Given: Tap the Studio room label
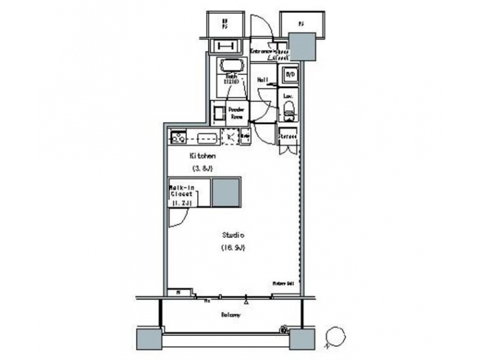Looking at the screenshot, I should pyautogui.click(x=233, y=235).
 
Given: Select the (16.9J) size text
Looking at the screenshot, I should pyautogui.click(x=233, y=248).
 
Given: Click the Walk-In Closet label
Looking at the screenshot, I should pyautogui.click(x=181, y=194).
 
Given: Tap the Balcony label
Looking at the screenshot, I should pyautogui.click(x=230, y=314).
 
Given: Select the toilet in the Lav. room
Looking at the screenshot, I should pyautogui.click(x=289, y=111).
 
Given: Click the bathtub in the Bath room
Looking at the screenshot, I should pyautogui.click(x=231, y=66).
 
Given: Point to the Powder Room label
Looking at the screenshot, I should pyautogui.click(x=236, y=112).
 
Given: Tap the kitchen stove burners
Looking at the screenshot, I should pyautogui.click(x=179, y=137).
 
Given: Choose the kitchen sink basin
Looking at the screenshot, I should pyautogui.click(x=206, y=138).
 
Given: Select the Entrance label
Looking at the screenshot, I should pyautogui.click(x=263, y=51).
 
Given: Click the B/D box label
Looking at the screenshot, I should pyautogui.click(x=290, y=75).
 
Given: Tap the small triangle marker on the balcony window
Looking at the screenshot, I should pyautogui.click(x=247, y=301).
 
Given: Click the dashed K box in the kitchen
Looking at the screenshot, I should pyautogui.click(x=229, y=137).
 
